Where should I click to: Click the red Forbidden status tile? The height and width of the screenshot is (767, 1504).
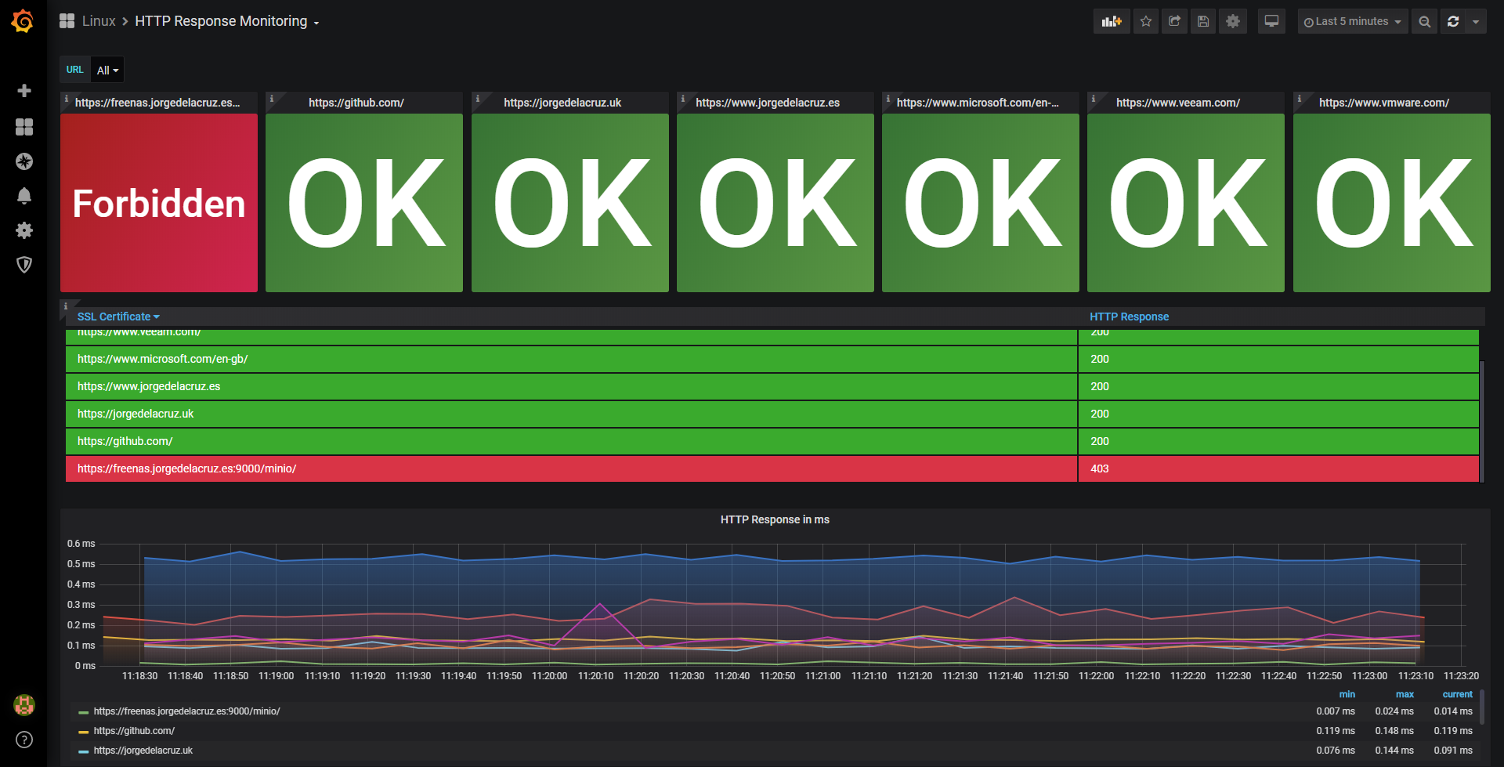159,203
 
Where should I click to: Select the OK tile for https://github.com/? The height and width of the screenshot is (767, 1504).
364,203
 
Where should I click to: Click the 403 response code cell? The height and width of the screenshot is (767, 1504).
1100,469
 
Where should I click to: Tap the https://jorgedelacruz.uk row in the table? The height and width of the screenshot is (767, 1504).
136,414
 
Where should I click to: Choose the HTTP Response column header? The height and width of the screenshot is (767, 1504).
1129,317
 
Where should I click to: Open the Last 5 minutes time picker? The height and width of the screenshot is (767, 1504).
1352,22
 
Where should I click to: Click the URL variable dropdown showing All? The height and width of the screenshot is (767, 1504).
107,71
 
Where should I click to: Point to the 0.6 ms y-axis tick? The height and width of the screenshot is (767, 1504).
81,544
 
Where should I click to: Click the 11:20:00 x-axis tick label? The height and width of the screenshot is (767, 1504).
550,676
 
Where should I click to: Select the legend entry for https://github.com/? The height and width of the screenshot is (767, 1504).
134,731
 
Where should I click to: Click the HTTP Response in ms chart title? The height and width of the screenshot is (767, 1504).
775,519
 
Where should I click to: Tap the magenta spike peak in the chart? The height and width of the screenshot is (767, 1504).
600,604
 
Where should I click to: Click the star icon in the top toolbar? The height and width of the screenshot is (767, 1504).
1146,22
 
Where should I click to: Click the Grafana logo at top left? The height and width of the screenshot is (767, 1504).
23,21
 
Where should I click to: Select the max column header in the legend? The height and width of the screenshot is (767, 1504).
1405,694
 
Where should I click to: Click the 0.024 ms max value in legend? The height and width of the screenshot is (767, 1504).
1394,711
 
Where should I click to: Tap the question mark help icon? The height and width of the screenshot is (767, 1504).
24,740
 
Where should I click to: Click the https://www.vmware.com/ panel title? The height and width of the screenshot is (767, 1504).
1384,103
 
